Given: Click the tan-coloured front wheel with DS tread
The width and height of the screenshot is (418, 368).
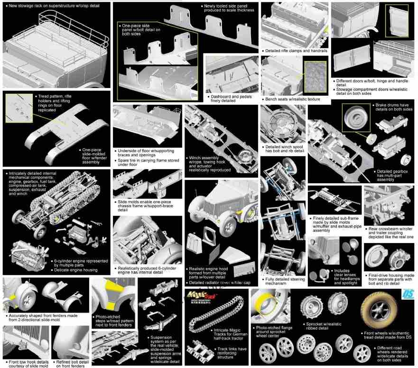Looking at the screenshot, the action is [x=379, y=310].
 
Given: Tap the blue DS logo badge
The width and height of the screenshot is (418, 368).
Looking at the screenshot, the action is [x=408, y=294].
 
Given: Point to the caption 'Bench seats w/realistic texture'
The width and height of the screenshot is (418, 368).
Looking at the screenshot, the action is [x=292, y=99].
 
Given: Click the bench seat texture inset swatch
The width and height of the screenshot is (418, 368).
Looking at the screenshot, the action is [x=315, y=77].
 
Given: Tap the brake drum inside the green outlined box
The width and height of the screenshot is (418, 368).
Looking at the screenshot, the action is [x=356, y=117].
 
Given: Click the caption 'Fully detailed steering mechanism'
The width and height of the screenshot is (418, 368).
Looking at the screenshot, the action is [x=285, y=281].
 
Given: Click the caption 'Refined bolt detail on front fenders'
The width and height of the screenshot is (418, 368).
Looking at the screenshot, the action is [x=72, y=364].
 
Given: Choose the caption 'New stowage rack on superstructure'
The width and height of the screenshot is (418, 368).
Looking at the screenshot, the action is [x=54, y=6].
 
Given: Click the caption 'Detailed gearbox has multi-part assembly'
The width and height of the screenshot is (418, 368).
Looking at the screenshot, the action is [x=392, y=176].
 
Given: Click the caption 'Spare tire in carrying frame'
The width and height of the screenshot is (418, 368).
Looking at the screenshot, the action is [x=148, y=162].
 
